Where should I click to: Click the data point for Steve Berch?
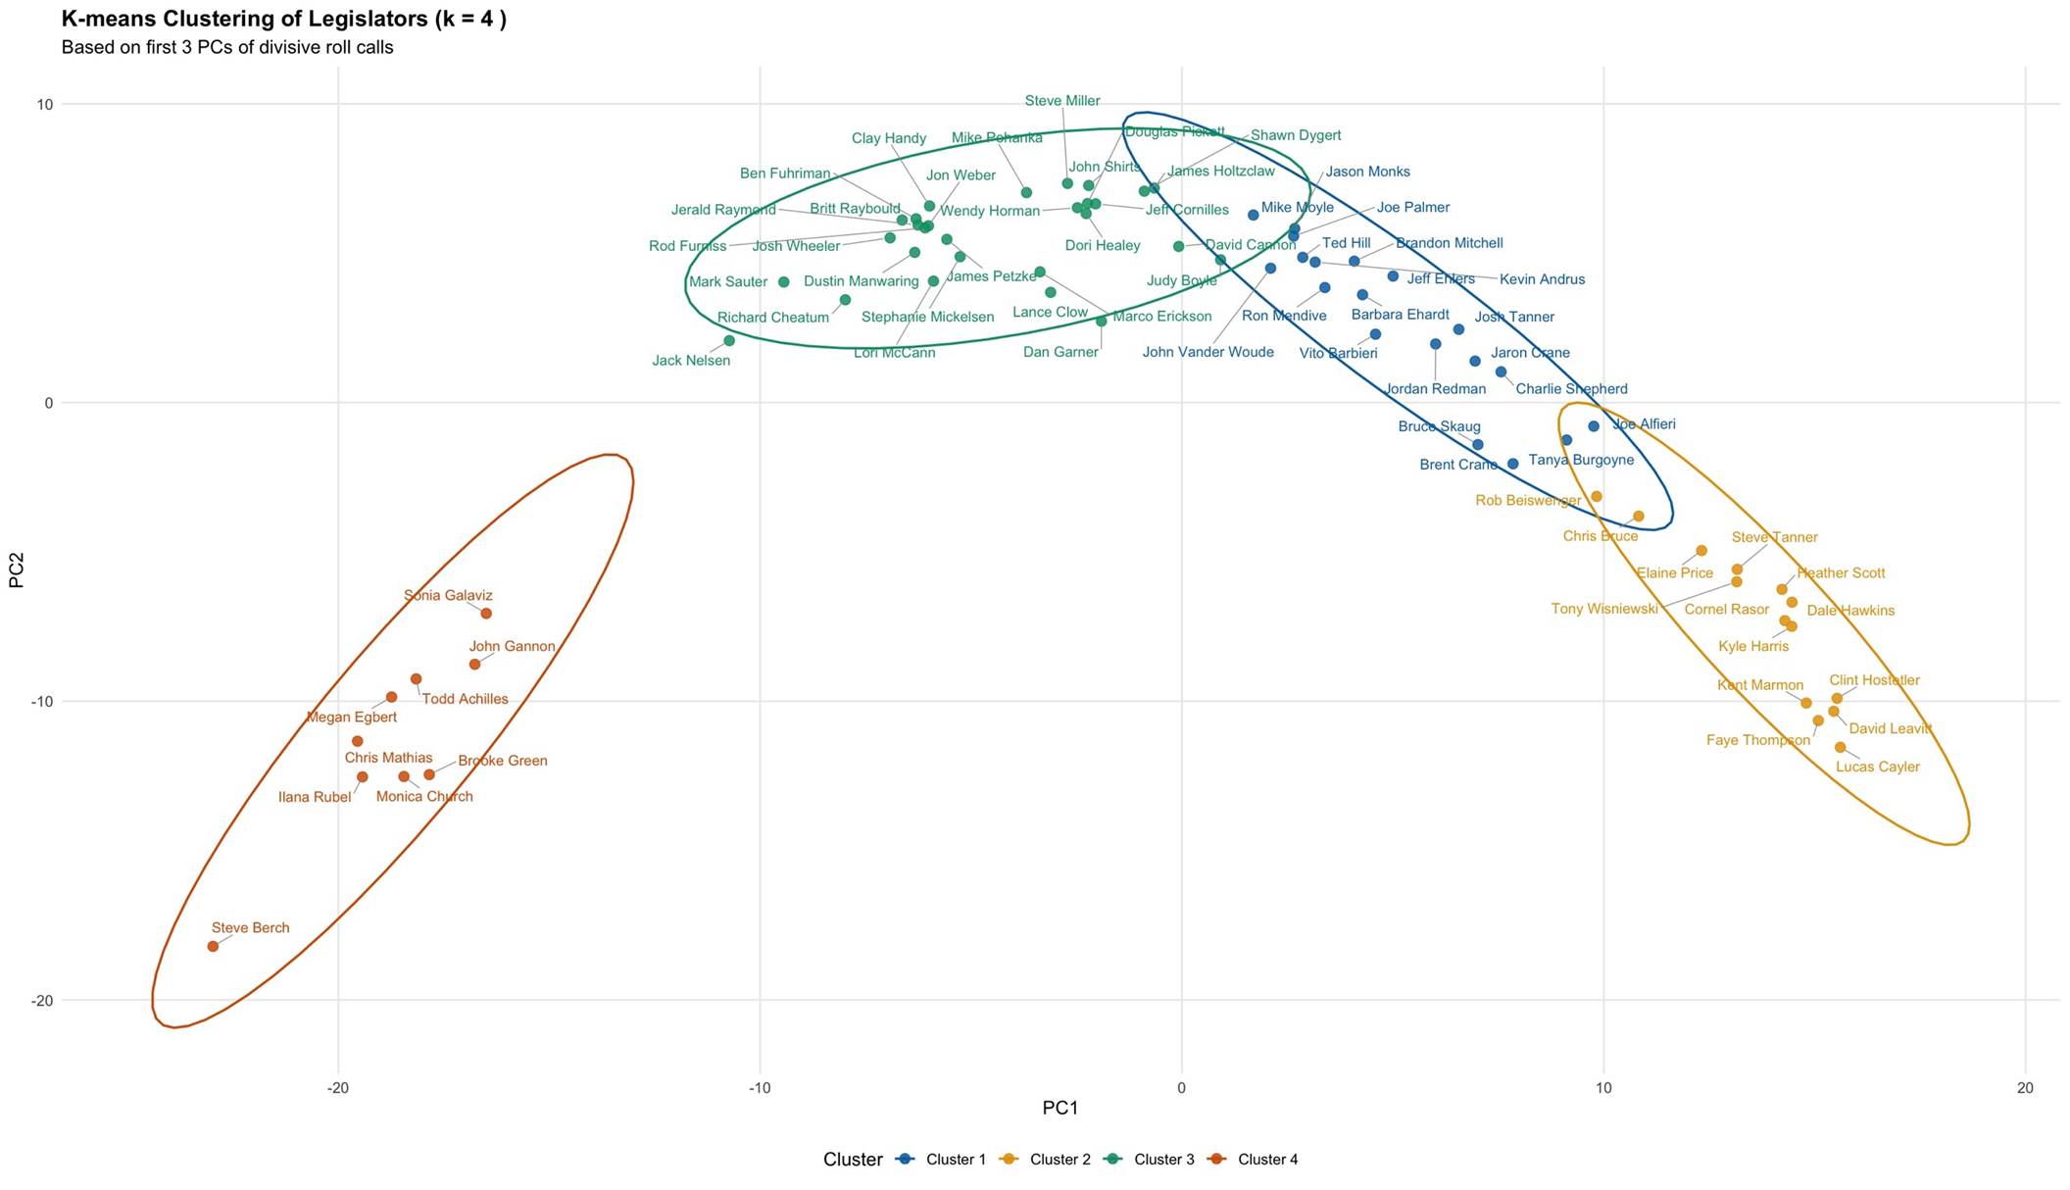click(x=213, y=946)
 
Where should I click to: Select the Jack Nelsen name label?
click(x=691, y=361)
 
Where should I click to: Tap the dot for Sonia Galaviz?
click(x=486, y=614)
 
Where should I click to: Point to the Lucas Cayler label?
click(x=1877, y=767)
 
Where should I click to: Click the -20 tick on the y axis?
click(x=39, y=1001)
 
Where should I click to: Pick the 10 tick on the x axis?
click(x=1603, y=1088)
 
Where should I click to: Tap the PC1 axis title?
click(x=1060, y=1109)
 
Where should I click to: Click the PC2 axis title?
click(x=16, y=570)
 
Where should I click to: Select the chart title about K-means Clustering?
click(x=283, y=19)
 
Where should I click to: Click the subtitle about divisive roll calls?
click(x=227, y=47)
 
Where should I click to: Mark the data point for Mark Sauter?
click(x=784, y=282)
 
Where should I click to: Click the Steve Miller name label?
click(x=1061, y=101)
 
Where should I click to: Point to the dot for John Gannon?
click(x=474, y=665)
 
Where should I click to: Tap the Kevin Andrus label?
click(x=1542, y=279)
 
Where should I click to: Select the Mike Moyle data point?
click(x=1253, y=215)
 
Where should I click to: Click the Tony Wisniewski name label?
click(x=1604, y=610)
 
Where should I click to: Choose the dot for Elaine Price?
click(x=1701, y=551)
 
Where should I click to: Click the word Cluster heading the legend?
click(x=853, y=1160)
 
